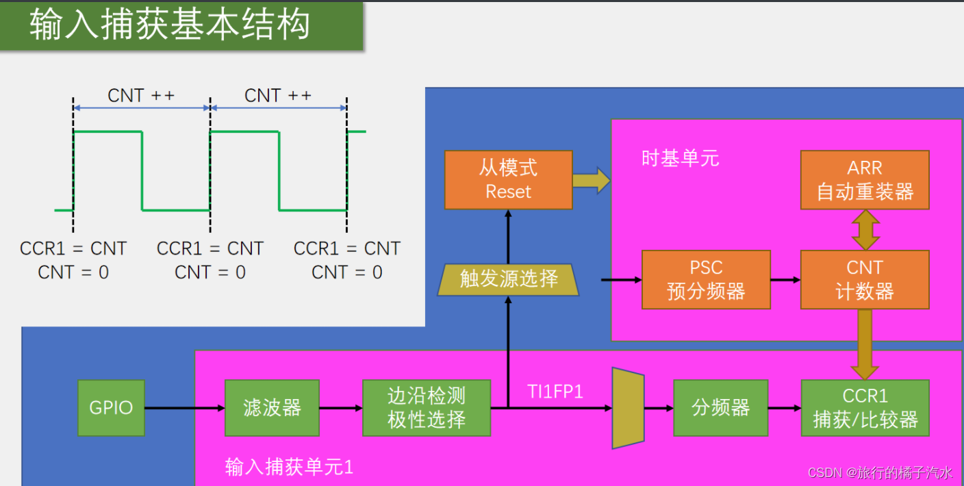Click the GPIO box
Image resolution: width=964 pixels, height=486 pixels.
[111, 408]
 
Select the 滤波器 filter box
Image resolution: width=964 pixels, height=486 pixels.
[272, 408]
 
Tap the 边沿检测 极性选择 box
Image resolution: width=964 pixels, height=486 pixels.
[426, 408]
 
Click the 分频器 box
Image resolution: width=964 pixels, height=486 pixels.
[720, 408]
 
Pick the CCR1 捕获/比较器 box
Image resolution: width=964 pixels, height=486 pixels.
[865, 408]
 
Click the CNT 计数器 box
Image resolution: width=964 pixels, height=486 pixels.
[865, 279]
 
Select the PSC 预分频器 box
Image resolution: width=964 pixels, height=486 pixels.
[706, 279]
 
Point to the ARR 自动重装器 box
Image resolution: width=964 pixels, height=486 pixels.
[865, 180]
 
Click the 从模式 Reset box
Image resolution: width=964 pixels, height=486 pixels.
[508, 180]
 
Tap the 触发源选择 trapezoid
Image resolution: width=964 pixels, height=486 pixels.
[508, 279]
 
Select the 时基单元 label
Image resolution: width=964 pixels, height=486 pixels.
[680, 159]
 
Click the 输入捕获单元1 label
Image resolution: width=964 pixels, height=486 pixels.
[289, 468]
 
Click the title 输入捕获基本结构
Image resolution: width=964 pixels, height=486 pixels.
[170, 25]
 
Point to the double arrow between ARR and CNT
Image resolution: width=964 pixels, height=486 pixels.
[865, 229]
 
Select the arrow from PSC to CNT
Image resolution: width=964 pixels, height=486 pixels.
[785, 280]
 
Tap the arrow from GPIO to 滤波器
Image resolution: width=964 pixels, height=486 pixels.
[185, 409]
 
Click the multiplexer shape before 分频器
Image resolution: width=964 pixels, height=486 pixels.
[628, 408]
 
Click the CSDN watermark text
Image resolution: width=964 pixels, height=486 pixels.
[880, 472]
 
